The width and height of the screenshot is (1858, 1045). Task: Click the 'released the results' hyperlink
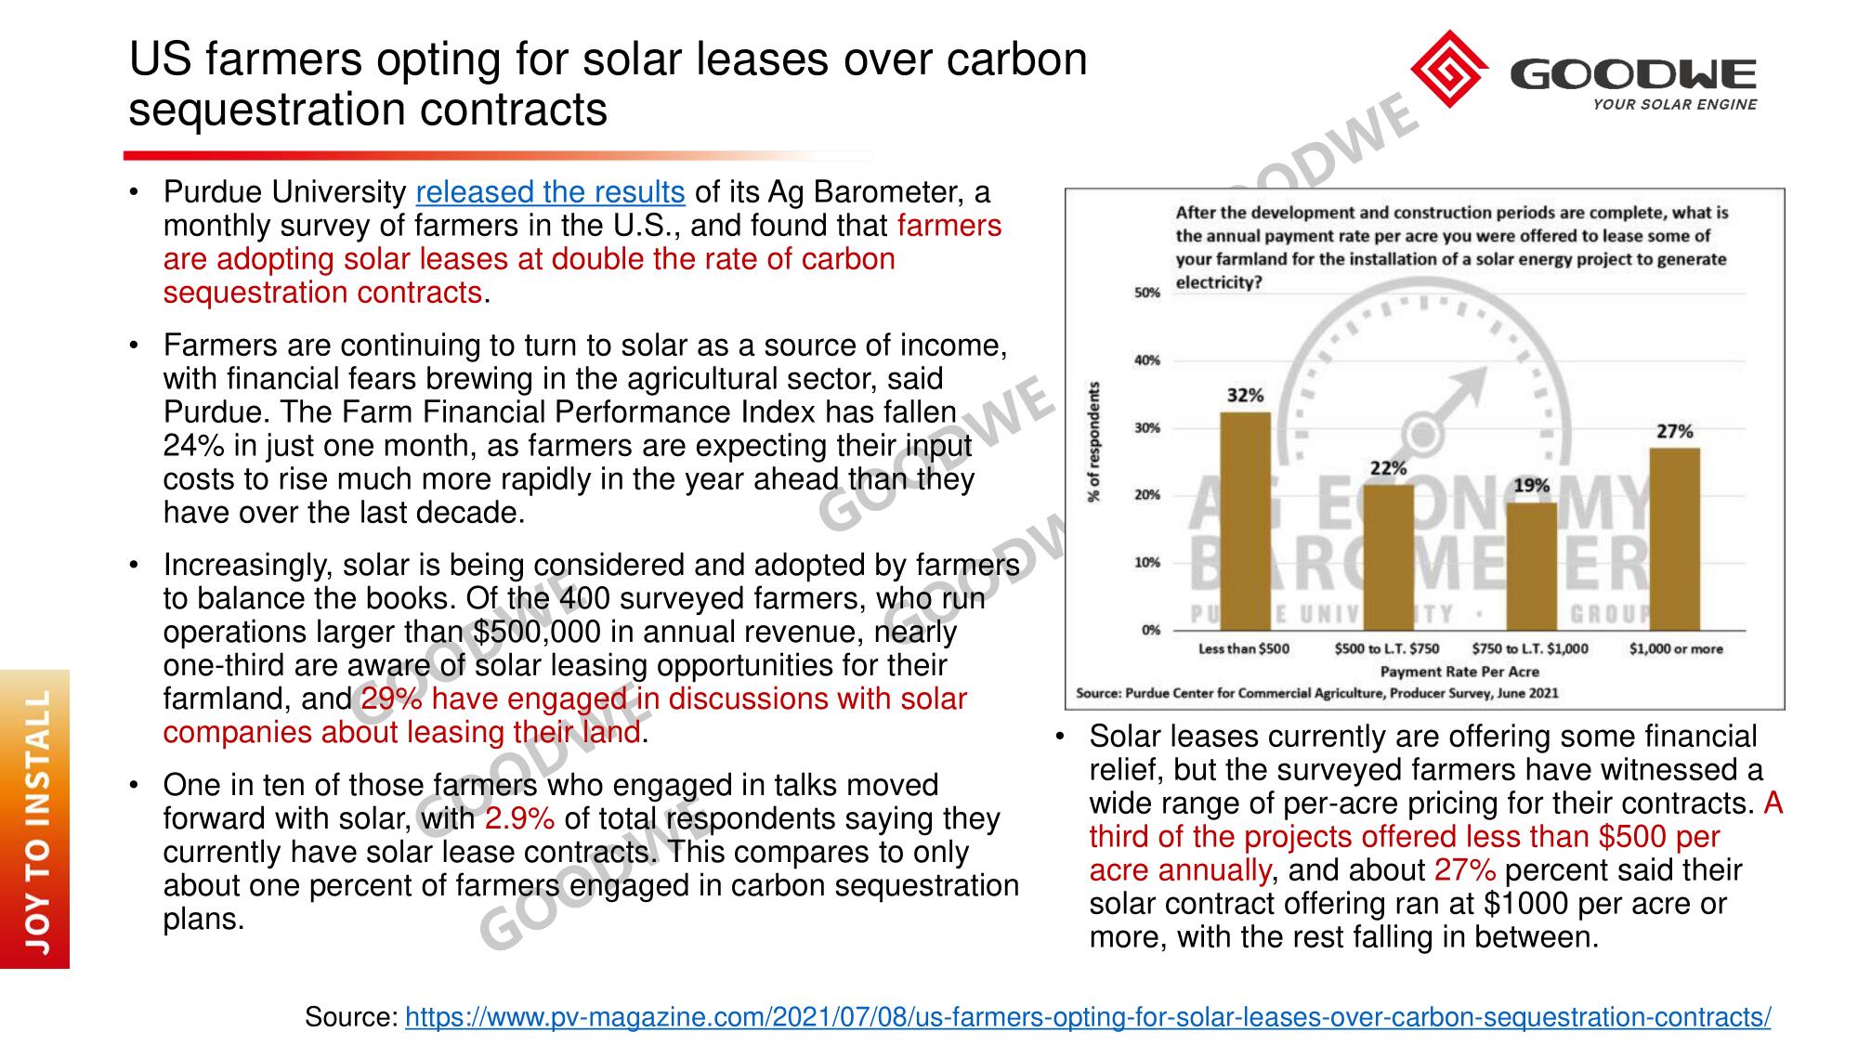click(550, 192)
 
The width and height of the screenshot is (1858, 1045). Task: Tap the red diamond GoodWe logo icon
click(1448, 69)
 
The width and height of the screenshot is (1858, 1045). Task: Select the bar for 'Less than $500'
click(1245, 520)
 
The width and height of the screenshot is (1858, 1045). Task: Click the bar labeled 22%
click(1388, 556)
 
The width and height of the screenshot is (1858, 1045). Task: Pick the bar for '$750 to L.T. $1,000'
click(1531, 566)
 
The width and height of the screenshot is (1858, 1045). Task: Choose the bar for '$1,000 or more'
click(1674, 539)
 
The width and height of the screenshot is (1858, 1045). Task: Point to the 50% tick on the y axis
click(1147, 294)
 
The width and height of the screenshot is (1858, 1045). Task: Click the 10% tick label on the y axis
click(1147, 563)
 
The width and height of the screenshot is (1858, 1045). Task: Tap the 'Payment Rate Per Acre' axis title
click(1459, 672)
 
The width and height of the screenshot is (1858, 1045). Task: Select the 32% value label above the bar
click(1245, 395)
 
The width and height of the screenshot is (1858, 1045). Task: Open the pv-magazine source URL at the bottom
click(1088, 1017)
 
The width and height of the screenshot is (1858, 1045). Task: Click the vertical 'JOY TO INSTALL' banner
click(35, 818)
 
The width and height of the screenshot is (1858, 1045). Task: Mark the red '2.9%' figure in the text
click(519, 818)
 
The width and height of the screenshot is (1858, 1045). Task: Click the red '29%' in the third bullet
click(390, 699)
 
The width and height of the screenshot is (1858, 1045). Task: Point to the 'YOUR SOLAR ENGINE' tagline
click(1674, 105)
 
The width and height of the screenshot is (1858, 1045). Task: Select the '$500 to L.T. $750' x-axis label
click(1386, 648)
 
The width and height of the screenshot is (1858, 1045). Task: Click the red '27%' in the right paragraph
click(1465, 870)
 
